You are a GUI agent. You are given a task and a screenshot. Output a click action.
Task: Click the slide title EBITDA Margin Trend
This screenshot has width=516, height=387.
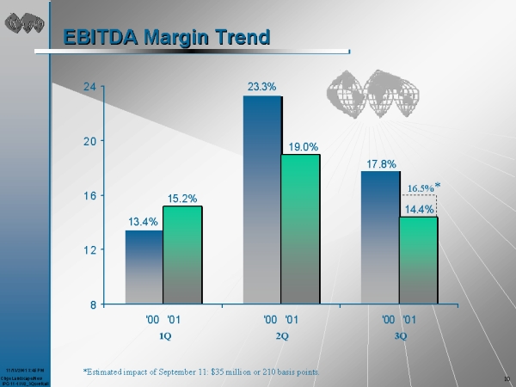click(167, 37)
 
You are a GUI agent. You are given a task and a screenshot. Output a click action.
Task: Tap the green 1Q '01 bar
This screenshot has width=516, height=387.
click(182, 255)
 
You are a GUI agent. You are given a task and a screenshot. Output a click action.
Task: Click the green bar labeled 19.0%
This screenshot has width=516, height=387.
click(300, 229)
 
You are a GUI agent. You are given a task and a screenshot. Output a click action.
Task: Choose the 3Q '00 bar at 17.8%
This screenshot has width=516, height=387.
click(380, 237)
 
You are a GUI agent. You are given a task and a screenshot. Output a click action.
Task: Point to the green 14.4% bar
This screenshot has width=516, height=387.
click(418, 260)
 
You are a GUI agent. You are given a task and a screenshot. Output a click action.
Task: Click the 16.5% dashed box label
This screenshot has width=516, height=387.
click(421, 187)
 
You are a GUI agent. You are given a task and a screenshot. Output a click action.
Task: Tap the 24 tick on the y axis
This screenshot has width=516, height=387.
click(89, 86)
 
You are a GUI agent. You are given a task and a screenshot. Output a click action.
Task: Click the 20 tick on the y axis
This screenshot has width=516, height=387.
click(89, 140)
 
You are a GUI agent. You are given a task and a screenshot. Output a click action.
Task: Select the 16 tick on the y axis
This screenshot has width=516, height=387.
click(89, 195)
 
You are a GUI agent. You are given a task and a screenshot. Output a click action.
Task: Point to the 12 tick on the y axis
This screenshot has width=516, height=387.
click(89, 249)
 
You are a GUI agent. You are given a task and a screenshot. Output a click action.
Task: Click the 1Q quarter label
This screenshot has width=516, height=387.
click(164, 335)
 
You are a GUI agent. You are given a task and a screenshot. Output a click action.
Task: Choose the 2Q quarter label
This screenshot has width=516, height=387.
click(281, 335)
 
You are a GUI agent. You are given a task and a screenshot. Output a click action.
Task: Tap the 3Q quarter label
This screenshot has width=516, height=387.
click(400, 335)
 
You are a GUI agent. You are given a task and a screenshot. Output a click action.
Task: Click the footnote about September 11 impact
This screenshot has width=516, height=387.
click(200, 371)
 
